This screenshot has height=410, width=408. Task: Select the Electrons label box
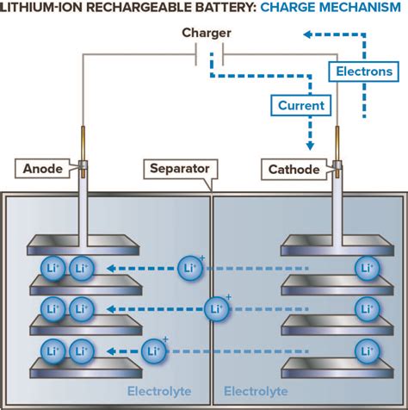[363, 71]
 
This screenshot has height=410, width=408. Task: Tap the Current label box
[301, 106]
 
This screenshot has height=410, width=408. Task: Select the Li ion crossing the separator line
[217, 307]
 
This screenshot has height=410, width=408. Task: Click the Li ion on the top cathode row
[368, 268]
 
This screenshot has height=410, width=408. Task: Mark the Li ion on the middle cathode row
[368, 308]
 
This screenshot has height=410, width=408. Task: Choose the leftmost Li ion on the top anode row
[53, 268]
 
